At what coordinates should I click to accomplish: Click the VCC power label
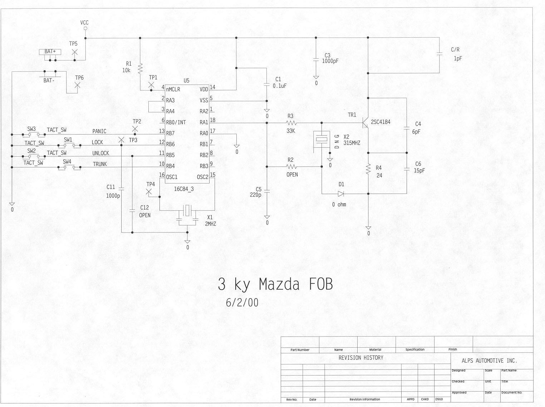coord(84,23)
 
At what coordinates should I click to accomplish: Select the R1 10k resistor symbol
coord(141,67)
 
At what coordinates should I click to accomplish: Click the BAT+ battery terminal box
coord(50,52)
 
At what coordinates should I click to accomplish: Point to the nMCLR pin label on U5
coord(173,89)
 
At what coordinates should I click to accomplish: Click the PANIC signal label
coord(99,131)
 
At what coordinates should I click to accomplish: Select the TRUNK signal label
coord(100,164)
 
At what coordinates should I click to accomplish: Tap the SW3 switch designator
coord(31,129)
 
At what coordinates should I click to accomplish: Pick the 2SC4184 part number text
coord(380,122)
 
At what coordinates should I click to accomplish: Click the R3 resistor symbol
coord(291,123)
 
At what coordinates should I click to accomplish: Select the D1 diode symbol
coord(341,194)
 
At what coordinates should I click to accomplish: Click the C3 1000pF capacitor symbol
coord(316,60)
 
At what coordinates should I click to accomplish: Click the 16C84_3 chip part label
coord(184,189)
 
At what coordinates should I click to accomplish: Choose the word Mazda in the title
coord(279,284)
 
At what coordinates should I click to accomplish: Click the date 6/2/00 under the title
coord(242,303)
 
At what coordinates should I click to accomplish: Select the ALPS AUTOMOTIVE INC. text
coord(489,361)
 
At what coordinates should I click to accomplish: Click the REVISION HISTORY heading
coord(361,358)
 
